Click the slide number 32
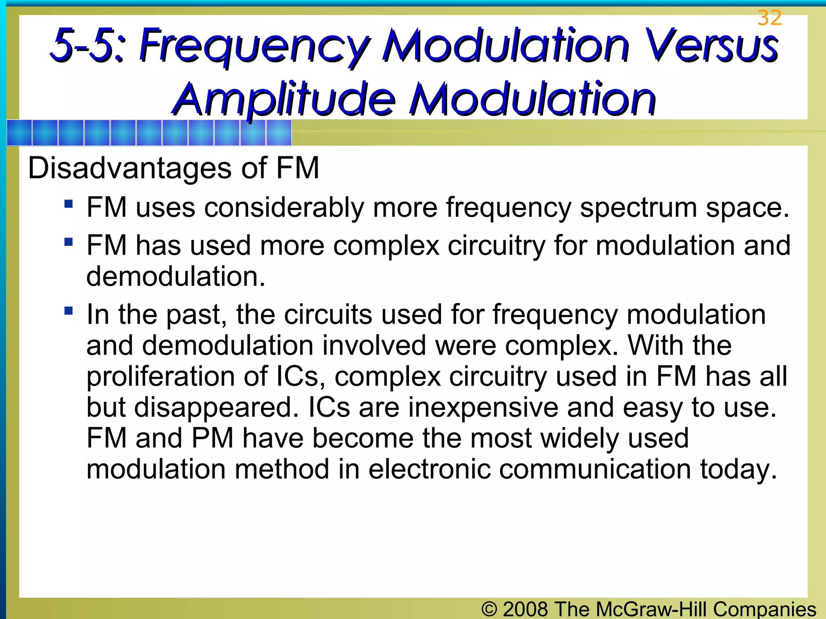tap(770, 18)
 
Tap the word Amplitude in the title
tap(284, 100)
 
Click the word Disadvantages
tap(129, 168)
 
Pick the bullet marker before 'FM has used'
tap(69, 242)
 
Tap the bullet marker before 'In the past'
tap(69, 311)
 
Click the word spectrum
tap(638, 208)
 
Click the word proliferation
tap(160, 377)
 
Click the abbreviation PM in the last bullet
tap(212, 438)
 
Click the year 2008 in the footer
tap(525, 609)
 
